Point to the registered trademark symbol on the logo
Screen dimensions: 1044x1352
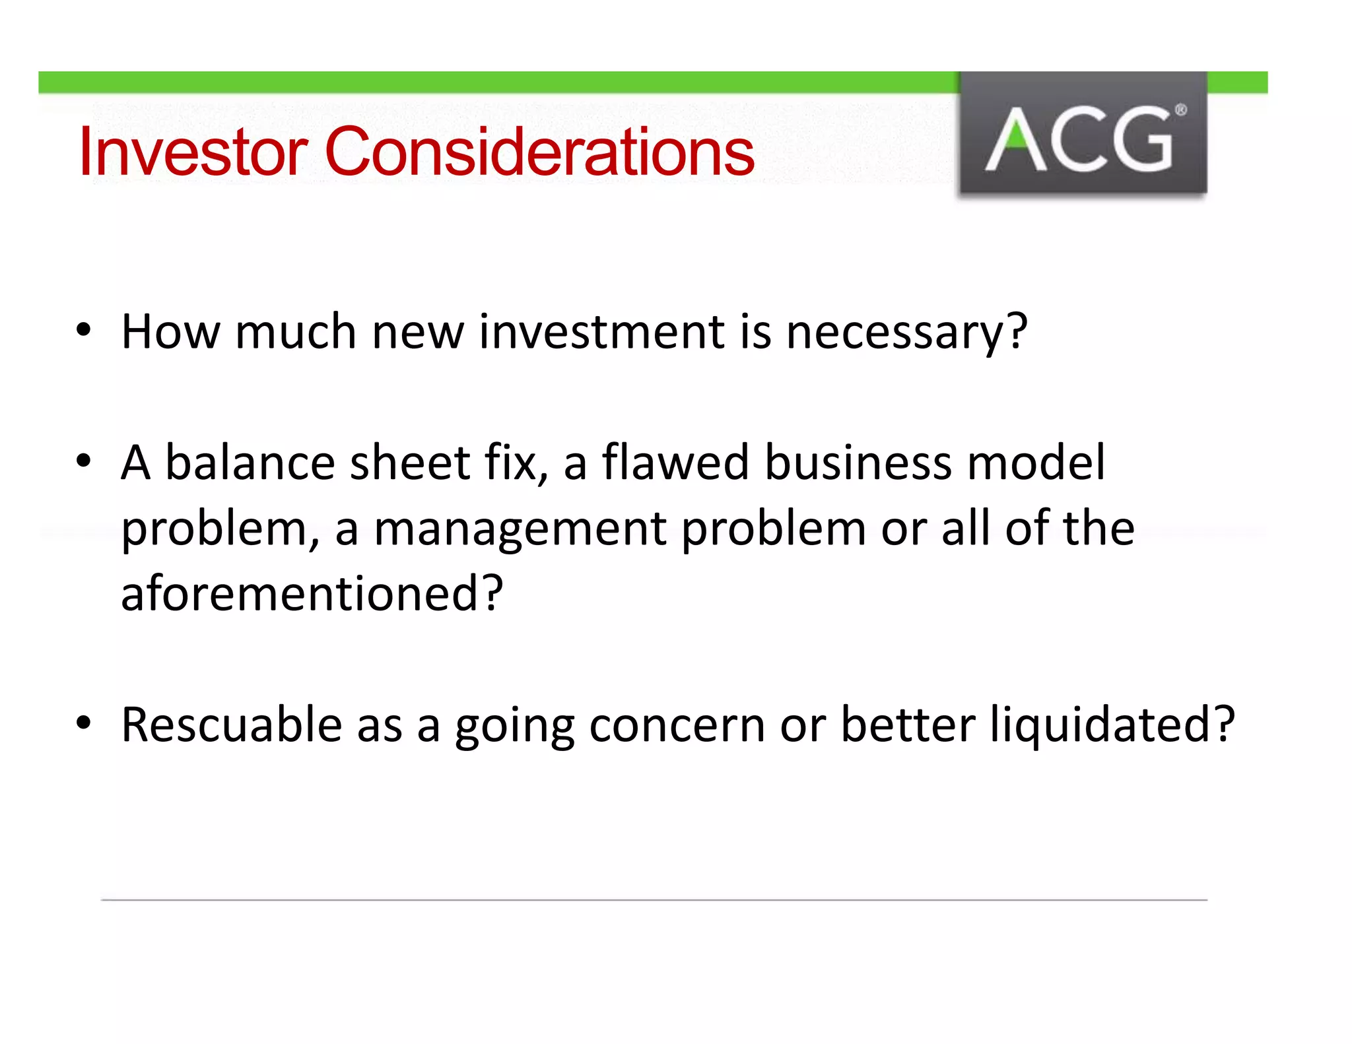pyautogui.click(x=1181, y=110)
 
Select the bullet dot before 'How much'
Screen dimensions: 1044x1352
pyautogui.click(x=83, y=329)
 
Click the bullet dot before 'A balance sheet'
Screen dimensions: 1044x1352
pyautogui.click(x=83, y=461)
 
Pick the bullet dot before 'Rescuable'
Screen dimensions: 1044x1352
pyautogui.click(x=83, y=723)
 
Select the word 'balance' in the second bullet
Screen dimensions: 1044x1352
pyautogui.click(x=250, y=462)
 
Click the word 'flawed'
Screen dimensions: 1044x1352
pyautogui.click(x=675, y=462)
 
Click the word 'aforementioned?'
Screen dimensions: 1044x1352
pyautogui.click(x=312, y=593)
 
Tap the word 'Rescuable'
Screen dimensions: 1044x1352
pyautogui.click(x=231, y=725)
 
